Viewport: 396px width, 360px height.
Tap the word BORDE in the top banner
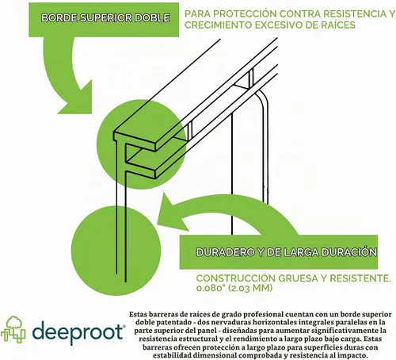point(59,17)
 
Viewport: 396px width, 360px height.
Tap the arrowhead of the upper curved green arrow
point(75,97)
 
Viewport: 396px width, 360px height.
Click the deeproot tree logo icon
point(13,329)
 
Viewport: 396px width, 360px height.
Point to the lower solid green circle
point(116,251)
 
